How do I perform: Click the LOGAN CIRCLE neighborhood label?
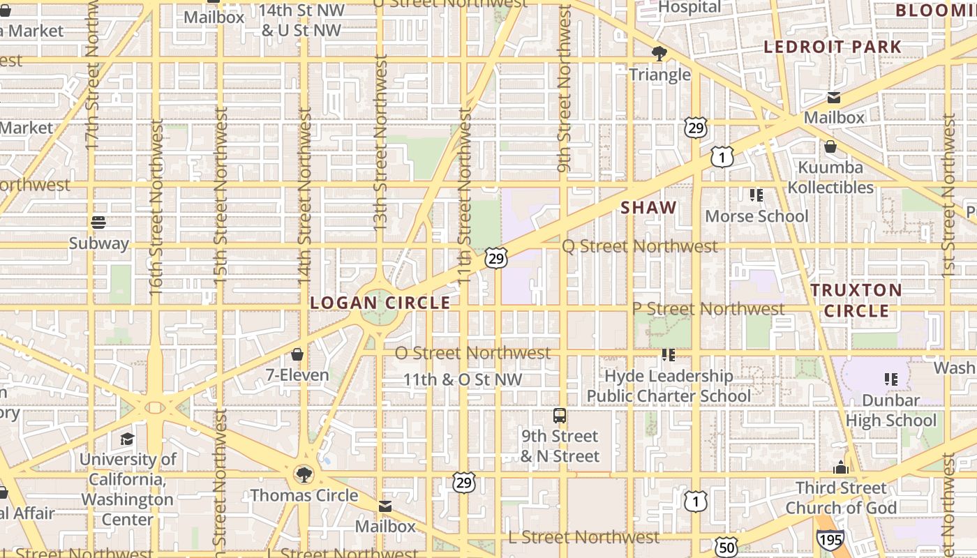pyautogui.click(x=380, y=303)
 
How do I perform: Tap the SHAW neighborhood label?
pyautogui.click(x=648, y=207)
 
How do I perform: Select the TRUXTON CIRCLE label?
pyautogui.click(x=856, y=300)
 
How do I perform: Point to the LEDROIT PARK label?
pyautogui.click(x=832, y=47)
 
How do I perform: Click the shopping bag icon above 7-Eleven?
pyautogui.click(x=297, y=355)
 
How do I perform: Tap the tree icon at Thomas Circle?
pyautogui.click(x=304, y=475)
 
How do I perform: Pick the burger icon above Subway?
pyautogui.click(x=98, y=223)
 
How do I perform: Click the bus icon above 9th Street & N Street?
pyautogui.click(x=560, y=416)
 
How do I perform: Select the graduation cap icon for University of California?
pyautogui.click(x=127, y=439)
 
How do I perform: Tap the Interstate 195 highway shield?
pyautogui.click(x=830, y=538)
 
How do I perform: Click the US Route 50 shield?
pyautogui.click(x=726, y=548)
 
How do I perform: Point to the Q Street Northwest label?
pyautogui.click(x=639, y=246)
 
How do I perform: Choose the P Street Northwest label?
pyautogui.click(x=708, y=308)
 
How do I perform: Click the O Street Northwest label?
pyautogui.click(x=472, y=353)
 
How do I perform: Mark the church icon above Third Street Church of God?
pyautogui.click(x=841, y=467)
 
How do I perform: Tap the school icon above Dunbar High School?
pyautogui.click(x=890, y=379)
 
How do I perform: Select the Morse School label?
pyautogui.click(x=756, y=216)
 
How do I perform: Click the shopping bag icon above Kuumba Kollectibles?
pyautogui.click(x=830, y=146)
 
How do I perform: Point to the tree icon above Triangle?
pyautogui.click(x=659, y=54)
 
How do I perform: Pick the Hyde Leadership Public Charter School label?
pyautogui.click(x=668, y=386)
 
